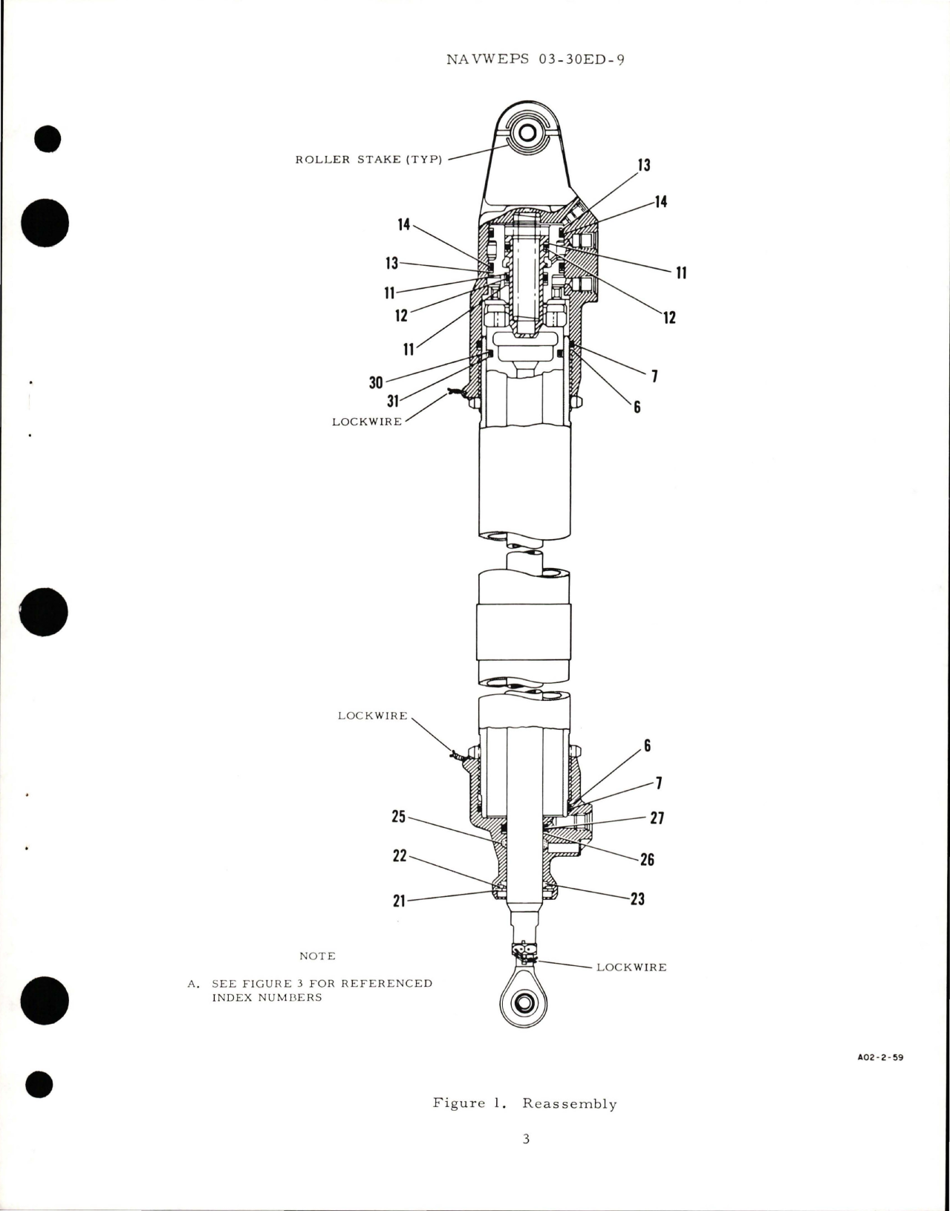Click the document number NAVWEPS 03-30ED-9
535,60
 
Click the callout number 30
376,382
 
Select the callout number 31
393,401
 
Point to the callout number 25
399,817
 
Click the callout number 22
400,856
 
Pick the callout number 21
399,901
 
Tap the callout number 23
637,899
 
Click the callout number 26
647,860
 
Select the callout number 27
657,818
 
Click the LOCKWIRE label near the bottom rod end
631,967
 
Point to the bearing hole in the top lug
528,134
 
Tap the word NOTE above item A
317,956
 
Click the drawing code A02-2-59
879,1058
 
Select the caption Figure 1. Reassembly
524,1103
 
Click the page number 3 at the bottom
525,1139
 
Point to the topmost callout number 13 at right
643,165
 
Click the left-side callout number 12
401,316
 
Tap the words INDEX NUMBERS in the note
267,997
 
